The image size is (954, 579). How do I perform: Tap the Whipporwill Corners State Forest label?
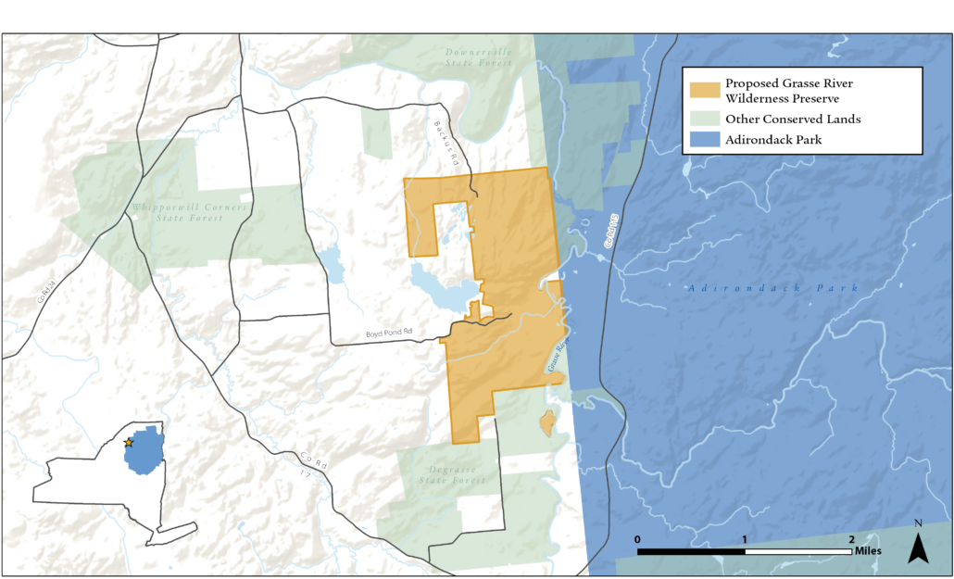point(190,213)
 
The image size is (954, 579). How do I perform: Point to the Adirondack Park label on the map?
point(773,288)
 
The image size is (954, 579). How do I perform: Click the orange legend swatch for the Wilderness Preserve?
point(704,90)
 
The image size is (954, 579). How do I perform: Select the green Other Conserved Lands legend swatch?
point(704,120)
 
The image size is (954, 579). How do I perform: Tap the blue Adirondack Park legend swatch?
point(704,140)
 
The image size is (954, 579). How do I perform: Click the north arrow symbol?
point(918,547)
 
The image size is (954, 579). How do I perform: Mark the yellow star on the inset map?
point(129,443)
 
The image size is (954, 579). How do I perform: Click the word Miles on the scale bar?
point(868,550)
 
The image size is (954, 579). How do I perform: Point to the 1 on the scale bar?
point(745,539)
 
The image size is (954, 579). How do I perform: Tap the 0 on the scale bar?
point(637,539)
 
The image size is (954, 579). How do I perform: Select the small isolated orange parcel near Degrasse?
point(547,422)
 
